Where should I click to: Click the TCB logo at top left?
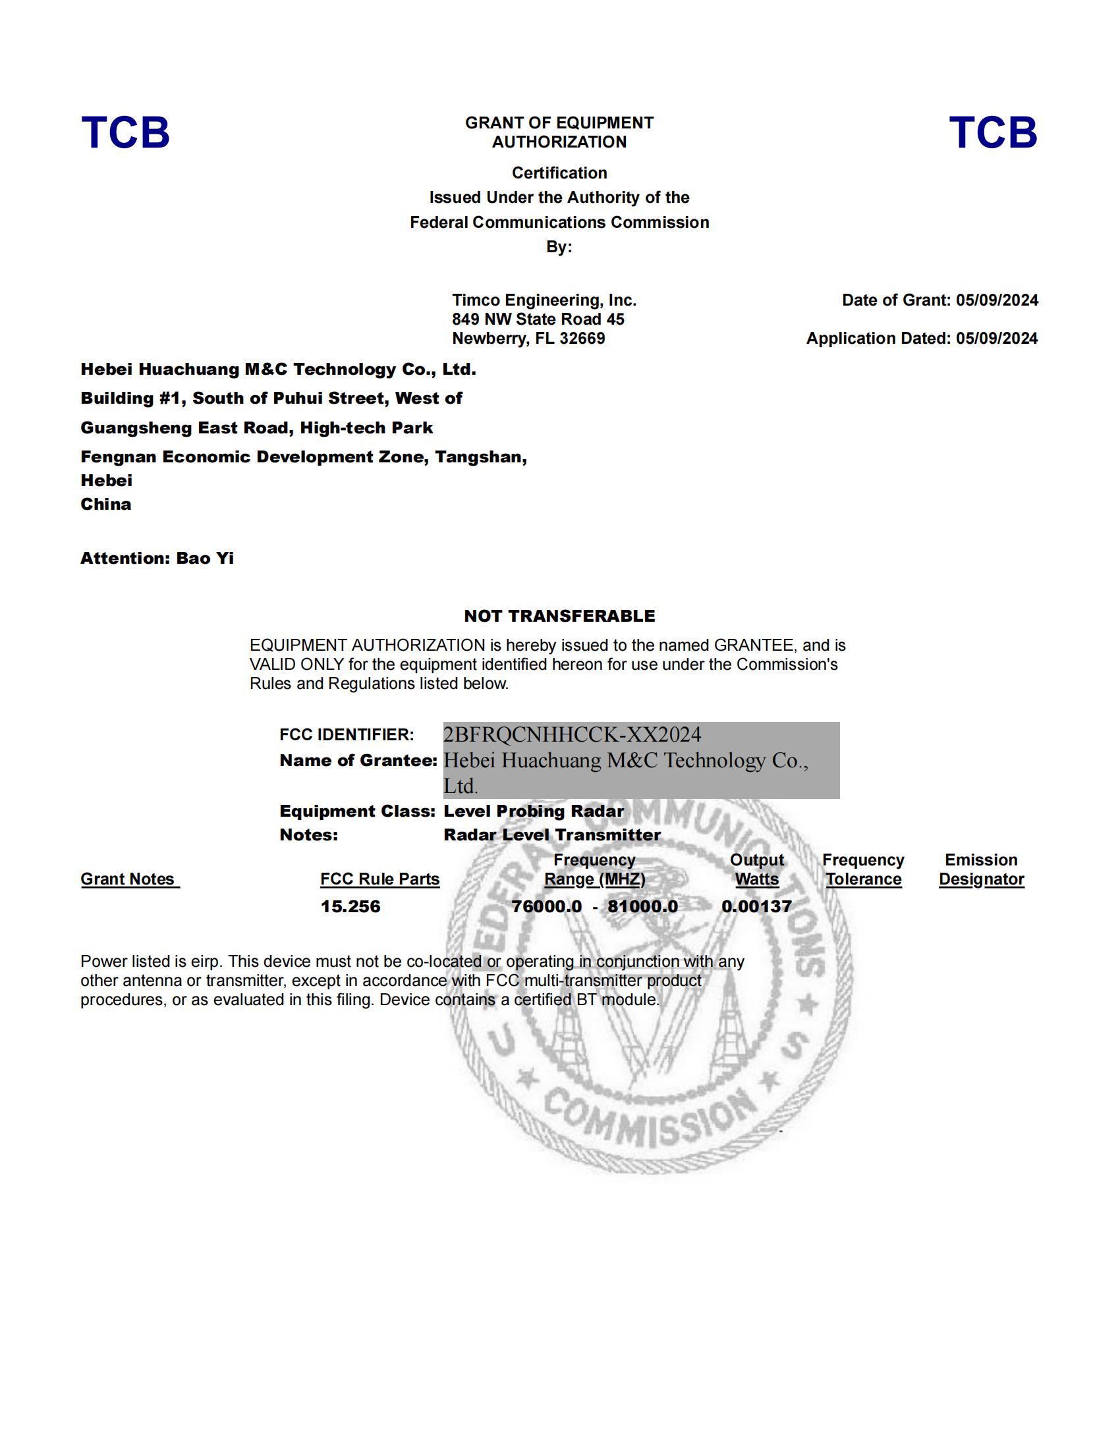(x=125, y=132)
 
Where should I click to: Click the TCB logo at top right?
(x=993, y=132)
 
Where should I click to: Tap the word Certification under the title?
(x=559, y=173)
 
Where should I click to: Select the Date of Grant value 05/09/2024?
(x=997, y=300)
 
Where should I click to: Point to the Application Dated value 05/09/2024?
(x=997, y=339)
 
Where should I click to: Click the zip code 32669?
(x=582, y=339)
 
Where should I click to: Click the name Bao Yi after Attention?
(x=205, y=559)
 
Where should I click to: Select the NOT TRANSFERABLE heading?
(x=559, y=616)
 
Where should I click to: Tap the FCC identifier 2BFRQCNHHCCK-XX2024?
(x=572, y=734)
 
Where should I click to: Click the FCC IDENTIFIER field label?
(x=347, y=735)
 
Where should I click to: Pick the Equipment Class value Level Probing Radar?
(x=534, y=811)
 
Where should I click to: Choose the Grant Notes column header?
(x=129, y=879)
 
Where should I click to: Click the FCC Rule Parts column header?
(x=379, y=879)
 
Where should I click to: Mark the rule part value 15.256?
(x=350, y=907)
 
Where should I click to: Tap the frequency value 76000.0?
(x=546, y=907)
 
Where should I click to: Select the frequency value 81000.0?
(x=642, y=907)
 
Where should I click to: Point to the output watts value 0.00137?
(x=756, y=907)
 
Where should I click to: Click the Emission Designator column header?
(x=981, y=870)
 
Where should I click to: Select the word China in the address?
(x=106, y=505)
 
